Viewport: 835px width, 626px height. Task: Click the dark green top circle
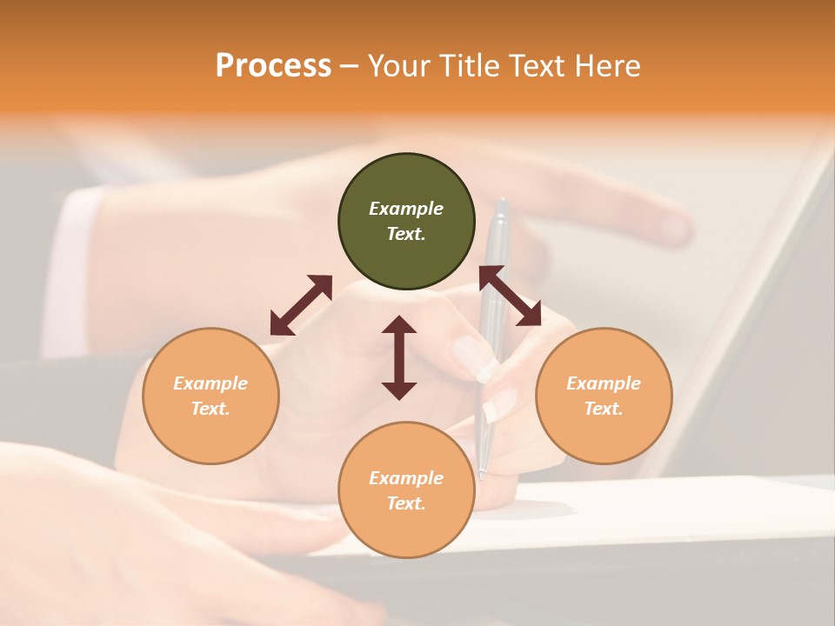pos(406,222)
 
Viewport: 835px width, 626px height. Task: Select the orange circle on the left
pos(210,396)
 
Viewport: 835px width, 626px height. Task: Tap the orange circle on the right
pos(604,396)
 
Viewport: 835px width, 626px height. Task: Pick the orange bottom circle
pos(406,490)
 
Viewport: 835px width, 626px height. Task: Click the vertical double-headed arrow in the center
pos(399,357)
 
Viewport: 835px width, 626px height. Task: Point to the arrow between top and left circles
pos(301,304)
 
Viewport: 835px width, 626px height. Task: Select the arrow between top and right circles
pos(511,296)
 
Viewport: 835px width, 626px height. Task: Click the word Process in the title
pos(273,65)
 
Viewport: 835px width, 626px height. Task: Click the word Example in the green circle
pos(406,209)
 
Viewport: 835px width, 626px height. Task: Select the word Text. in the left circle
pos(210,409)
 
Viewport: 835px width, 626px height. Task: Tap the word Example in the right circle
pos(604,383)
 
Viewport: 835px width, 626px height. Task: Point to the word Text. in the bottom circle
pos(406,503)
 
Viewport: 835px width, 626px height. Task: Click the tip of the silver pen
pos(481,475)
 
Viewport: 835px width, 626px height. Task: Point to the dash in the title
pos(350,66)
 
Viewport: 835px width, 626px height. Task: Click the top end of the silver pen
pos(502,203)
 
